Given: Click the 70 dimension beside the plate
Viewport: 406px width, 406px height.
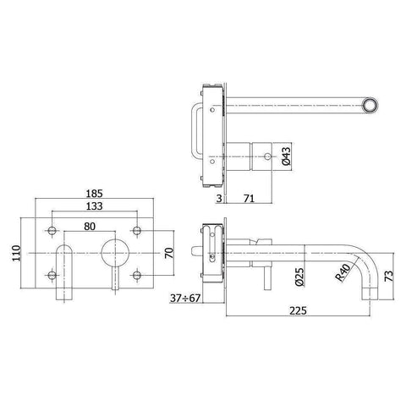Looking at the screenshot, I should (x=169, y=254).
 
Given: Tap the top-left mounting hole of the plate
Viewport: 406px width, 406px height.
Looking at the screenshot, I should (x=53, y=231).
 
